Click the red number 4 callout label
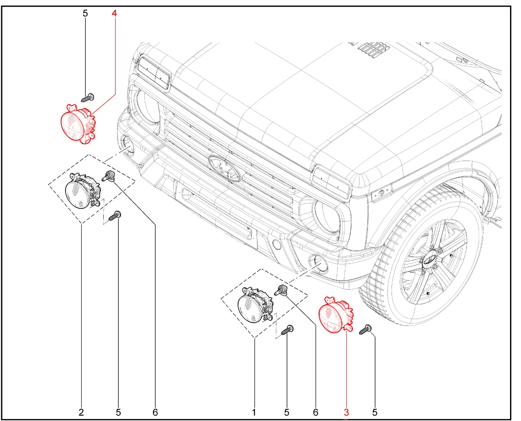coord(114,13)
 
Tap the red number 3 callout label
coord(346,412)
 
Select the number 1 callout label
coord(254,412)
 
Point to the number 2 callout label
coord(81,412)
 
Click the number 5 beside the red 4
coord(85,13)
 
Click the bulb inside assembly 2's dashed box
coord(108,176)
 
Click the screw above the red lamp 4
coord(88,98)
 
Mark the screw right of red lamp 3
coord(366,330)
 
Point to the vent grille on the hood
coord(374,49)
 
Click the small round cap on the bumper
coord(276,245)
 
